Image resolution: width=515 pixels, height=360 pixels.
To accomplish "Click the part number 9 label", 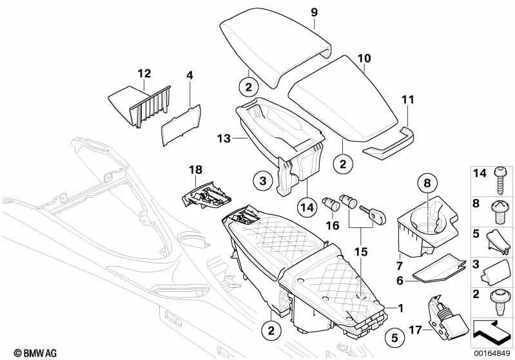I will click(314, 12).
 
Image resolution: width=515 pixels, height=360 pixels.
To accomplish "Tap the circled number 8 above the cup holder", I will click(425, 185).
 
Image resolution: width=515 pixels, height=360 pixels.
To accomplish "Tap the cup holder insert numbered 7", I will click(425, 229).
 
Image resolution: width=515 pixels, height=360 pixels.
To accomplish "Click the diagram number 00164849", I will click(492, 353).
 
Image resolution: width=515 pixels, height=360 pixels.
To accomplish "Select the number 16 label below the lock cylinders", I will click(332, 226).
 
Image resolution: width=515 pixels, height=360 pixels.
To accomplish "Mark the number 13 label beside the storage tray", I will click(224, 138).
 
